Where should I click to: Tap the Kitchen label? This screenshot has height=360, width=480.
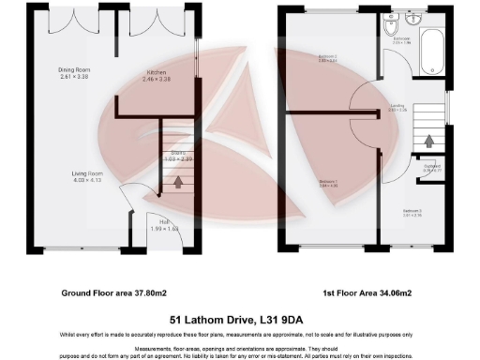157,75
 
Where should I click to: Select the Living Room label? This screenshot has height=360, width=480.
86,176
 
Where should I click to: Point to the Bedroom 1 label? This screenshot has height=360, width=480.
327,182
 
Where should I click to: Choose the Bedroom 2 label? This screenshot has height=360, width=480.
327,60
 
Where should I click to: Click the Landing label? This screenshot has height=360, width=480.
397,108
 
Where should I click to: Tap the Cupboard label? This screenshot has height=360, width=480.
432,170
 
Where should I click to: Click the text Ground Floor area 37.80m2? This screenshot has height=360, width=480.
108,293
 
